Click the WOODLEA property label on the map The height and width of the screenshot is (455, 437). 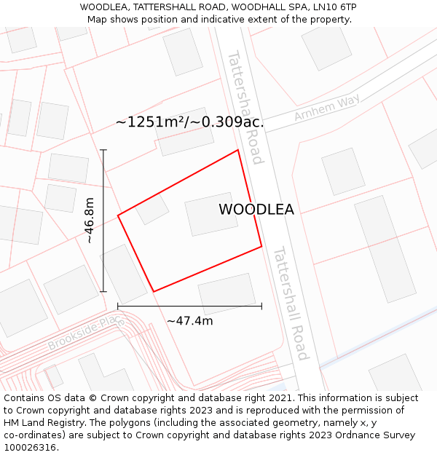[256, 210]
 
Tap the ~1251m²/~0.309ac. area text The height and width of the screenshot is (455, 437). [189, 122]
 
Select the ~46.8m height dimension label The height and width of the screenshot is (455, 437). [89, 221]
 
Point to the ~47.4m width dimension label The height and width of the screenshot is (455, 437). [189, 321]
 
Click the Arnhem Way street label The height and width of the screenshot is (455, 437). [327, 108]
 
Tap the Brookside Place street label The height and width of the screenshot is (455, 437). [86, 333]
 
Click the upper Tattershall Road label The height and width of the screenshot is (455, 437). [245, 107]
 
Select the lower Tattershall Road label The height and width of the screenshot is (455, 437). [291, 303]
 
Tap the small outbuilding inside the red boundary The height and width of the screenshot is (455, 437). [152, 210]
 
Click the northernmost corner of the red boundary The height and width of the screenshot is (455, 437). [238, 150]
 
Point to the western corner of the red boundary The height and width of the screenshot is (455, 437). [118, 215]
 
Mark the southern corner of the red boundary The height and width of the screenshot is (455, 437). [154, 292]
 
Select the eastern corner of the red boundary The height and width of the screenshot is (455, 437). [261, 246]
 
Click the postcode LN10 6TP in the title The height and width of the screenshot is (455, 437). [332, 7]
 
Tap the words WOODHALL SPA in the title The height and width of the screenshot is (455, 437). [261, 7]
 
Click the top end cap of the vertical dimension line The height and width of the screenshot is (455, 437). [103, 150]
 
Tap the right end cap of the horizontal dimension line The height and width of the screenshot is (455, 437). [261, 306]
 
